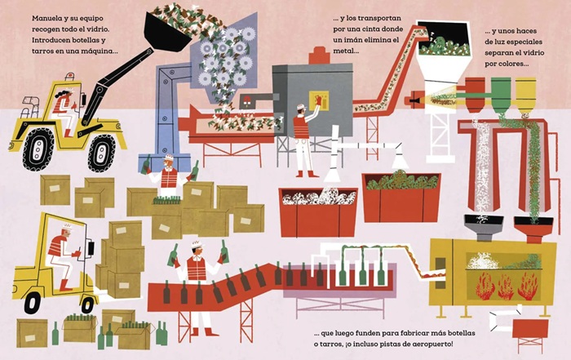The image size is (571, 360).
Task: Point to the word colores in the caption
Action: [513, 64]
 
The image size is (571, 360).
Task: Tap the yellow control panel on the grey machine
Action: [319, 100]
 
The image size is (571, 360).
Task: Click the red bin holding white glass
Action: [318, 212]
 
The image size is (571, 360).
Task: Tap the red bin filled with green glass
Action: [401, 198]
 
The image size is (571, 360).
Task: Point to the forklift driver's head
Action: [66, 233]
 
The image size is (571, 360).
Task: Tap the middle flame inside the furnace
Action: [506, 287]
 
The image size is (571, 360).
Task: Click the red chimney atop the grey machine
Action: [320, 55]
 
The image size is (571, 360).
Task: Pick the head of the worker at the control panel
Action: [301, 109]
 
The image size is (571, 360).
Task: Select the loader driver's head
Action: [63, 96]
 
